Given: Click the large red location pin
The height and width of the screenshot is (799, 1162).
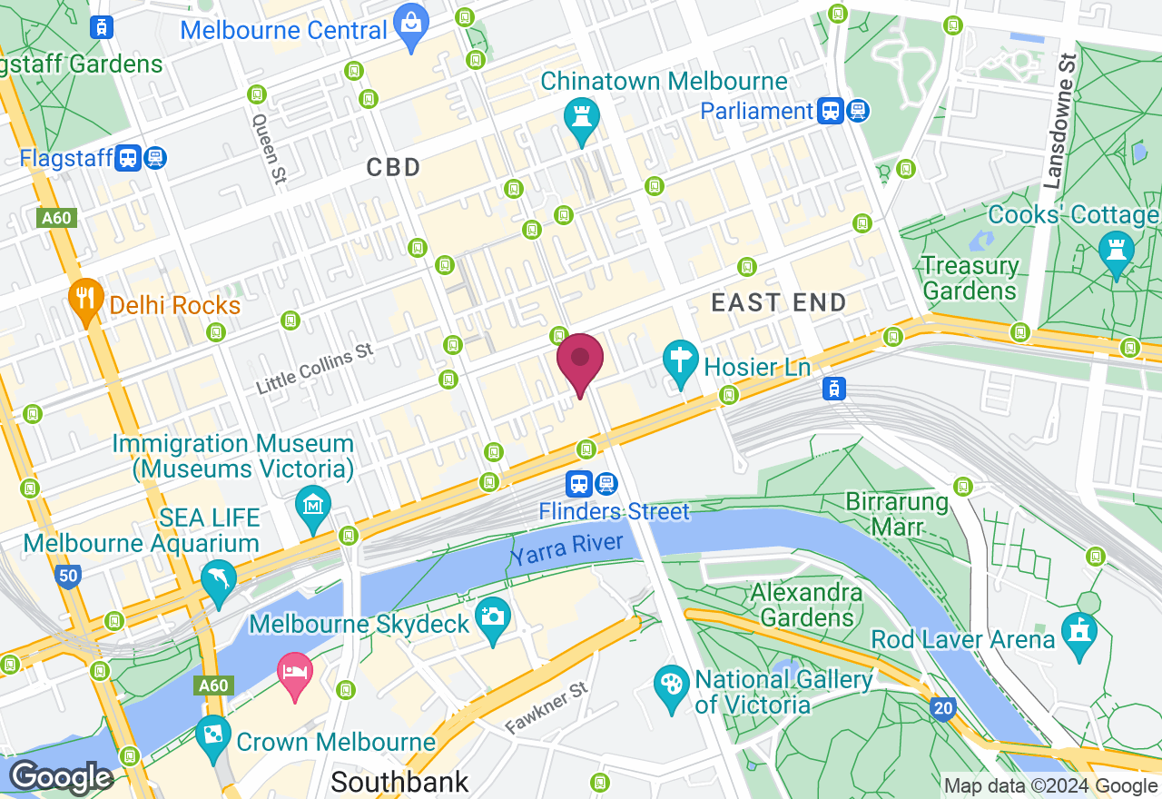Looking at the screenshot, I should (580, 360).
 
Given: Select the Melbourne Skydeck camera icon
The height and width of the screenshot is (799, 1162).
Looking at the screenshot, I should (493, 617).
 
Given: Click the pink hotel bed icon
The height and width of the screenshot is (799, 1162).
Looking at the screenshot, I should (294, 674).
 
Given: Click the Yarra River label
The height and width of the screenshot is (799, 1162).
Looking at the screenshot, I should (566, 549).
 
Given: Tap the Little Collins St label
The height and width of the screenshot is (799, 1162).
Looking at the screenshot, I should (314, 368).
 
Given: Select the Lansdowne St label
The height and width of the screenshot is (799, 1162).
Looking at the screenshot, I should (1059, 121).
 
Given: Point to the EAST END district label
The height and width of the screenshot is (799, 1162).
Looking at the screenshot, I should (779, 302).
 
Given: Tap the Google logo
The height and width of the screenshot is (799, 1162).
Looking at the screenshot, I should (61, 778).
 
